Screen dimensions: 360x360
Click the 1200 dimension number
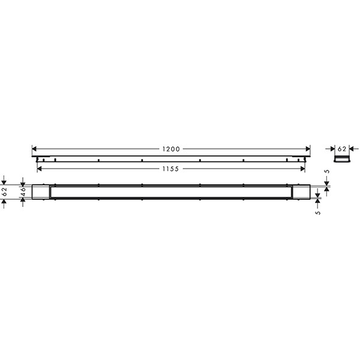(x=171, y=149)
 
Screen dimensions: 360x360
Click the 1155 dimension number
(x=170, y=169)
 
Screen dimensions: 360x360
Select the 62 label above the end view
(x=342, y=149)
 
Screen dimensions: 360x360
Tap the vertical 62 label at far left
(x=5, y=191)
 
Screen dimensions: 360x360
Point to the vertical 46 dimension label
(x=23, y=192)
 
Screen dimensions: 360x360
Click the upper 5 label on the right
(x=328, y=171)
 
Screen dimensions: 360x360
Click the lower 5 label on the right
(x=318, y=213)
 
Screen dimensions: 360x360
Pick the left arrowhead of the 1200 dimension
(x=34, y=149)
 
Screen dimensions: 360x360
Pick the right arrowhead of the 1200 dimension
(x=308, y=149)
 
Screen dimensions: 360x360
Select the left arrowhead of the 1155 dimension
(x=39, y=169)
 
